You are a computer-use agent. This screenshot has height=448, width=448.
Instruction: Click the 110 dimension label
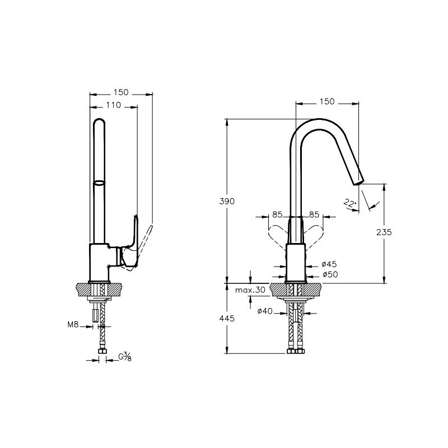[114, 105]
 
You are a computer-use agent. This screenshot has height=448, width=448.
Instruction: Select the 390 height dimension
[227, 202]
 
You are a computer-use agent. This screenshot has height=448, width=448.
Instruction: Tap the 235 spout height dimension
[384, 232]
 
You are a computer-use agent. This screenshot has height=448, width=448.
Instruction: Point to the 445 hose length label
[227, 318]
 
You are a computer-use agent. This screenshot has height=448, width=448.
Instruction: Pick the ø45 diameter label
[329, 264]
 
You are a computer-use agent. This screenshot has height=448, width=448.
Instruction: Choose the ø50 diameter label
[330, 274]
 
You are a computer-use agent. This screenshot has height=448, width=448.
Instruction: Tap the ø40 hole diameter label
[265, 311]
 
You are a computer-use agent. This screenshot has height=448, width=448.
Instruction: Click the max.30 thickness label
[250, 290]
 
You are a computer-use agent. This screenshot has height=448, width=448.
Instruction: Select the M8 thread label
[73, 325]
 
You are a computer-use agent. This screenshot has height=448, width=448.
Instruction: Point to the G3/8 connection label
[125, 357]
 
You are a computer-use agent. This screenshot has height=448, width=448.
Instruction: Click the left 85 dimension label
[277, 214]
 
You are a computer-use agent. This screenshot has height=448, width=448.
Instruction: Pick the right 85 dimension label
[314, 214]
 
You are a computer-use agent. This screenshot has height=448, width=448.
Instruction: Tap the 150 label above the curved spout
[327, 101]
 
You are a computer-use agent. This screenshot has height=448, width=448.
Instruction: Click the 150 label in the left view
[121, 92]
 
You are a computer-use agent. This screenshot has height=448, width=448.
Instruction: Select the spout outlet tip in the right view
[359, 183]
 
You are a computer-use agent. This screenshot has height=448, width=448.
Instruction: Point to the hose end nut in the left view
[102, 351]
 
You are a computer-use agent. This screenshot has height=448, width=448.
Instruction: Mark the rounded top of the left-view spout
[99, 119]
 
